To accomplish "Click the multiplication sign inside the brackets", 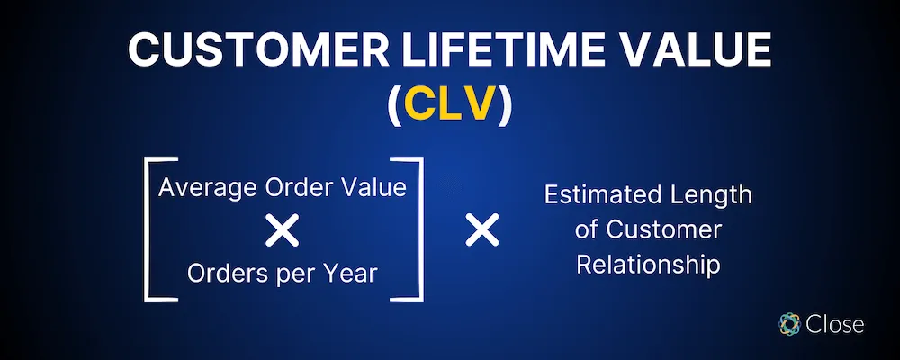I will point(283,232).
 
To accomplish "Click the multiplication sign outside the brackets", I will point(481,232).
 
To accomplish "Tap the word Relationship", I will point(648,265).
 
